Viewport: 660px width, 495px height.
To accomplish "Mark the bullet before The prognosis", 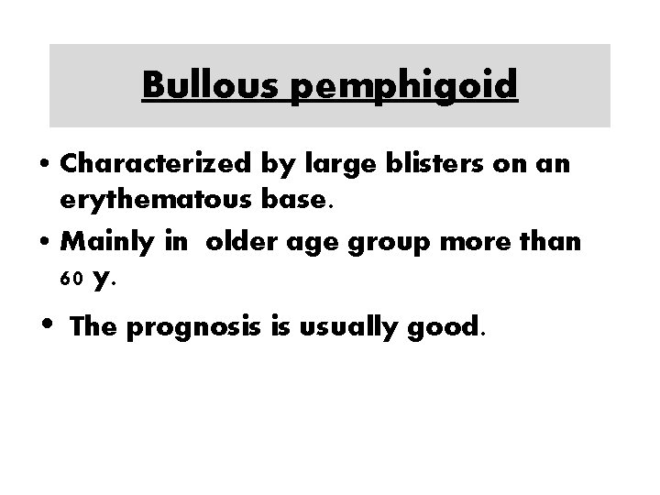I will pyautogui.click(x=45, y=324).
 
